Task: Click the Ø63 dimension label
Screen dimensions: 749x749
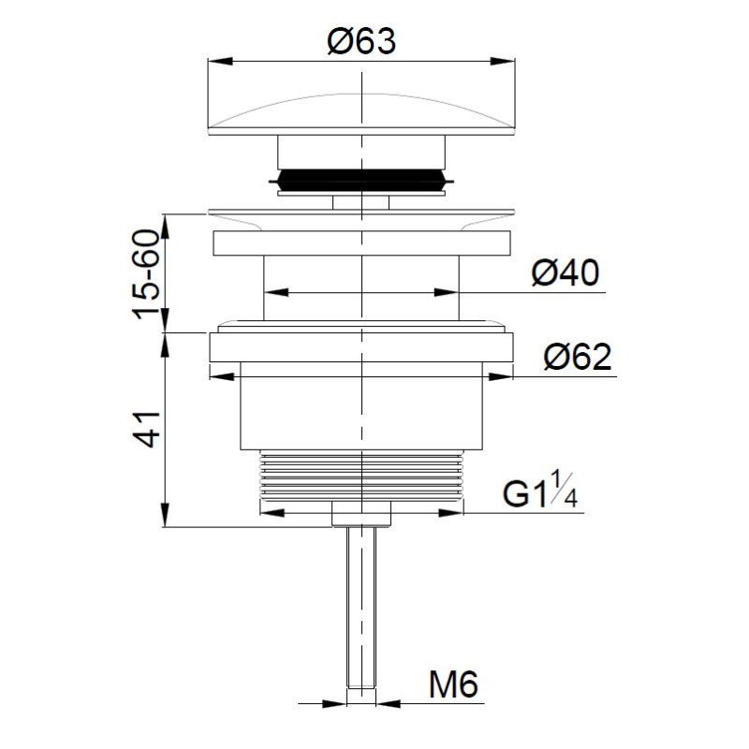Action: point(361,41)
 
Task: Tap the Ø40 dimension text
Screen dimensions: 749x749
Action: point(565,272)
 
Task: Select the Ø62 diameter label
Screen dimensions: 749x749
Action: point(577,357)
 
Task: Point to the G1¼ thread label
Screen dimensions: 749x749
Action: point(540,489)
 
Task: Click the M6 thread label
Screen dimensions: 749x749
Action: point(453,684)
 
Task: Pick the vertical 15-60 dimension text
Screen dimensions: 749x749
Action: point(146,274)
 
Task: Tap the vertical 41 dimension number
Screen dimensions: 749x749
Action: point(147,429)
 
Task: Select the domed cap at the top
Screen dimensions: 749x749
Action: point(361,113)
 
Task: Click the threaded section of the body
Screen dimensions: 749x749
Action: point(361,475)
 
